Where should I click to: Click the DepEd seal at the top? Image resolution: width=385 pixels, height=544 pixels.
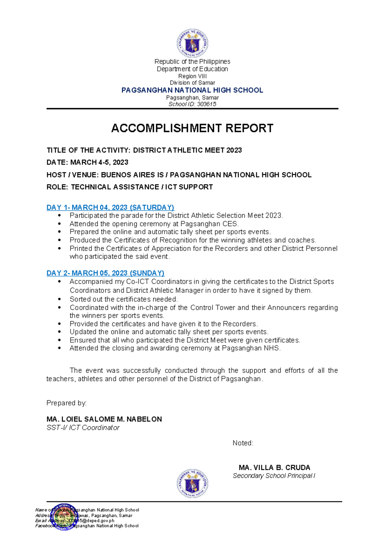point(193,43)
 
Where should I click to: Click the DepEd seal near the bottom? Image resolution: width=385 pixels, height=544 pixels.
point(193,484)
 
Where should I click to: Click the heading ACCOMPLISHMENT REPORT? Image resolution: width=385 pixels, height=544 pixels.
point(192,128)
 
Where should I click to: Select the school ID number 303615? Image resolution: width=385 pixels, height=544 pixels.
point(207,104)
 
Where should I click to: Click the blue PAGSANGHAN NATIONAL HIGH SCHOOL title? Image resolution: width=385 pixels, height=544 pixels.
point(192,90)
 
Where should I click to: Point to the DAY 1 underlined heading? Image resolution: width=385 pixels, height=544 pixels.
point(110,208)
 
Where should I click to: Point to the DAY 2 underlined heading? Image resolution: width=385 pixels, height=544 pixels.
point(106,273)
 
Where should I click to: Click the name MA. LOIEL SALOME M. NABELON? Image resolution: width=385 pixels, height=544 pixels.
point(104,419)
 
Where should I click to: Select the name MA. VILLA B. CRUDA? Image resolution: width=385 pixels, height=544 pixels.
point(274,468)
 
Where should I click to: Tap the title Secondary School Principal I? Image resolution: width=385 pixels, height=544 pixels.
point(274,476)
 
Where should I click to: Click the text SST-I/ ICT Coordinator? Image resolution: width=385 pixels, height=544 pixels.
point(83,428)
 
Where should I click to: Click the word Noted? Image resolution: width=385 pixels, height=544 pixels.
point(243,443)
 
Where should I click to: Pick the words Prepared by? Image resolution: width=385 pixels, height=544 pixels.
point(66,403)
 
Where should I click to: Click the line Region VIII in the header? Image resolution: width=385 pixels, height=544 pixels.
point(193,76)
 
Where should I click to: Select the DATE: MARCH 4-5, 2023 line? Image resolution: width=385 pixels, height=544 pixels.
point(88,163)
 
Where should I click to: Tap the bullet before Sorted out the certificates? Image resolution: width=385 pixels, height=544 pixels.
point(59,299)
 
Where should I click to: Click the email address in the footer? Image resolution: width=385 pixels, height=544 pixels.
point(90,521)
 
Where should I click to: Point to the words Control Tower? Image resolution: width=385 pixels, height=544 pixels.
point(213,308)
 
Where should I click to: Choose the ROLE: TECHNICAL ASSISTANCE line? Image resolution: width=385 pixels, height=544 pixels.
point(130,187)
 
